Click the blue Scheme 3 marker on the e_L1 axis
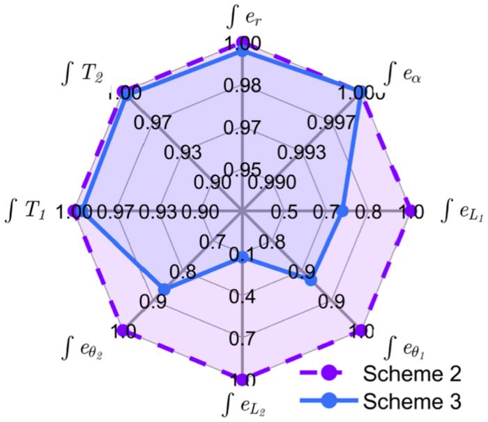click(x=342, y=211)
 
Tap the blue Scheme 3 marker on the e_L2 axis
click(x=243, y=259)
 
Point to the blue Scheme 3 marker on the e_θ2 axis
click(x=163, y=289)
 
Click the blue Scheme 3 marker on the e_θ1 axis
click(x=311, y=280)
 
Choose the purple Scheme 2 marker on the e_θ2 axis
click(x=123, y=330)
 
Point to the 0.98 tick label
click(x=243, y=86)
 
